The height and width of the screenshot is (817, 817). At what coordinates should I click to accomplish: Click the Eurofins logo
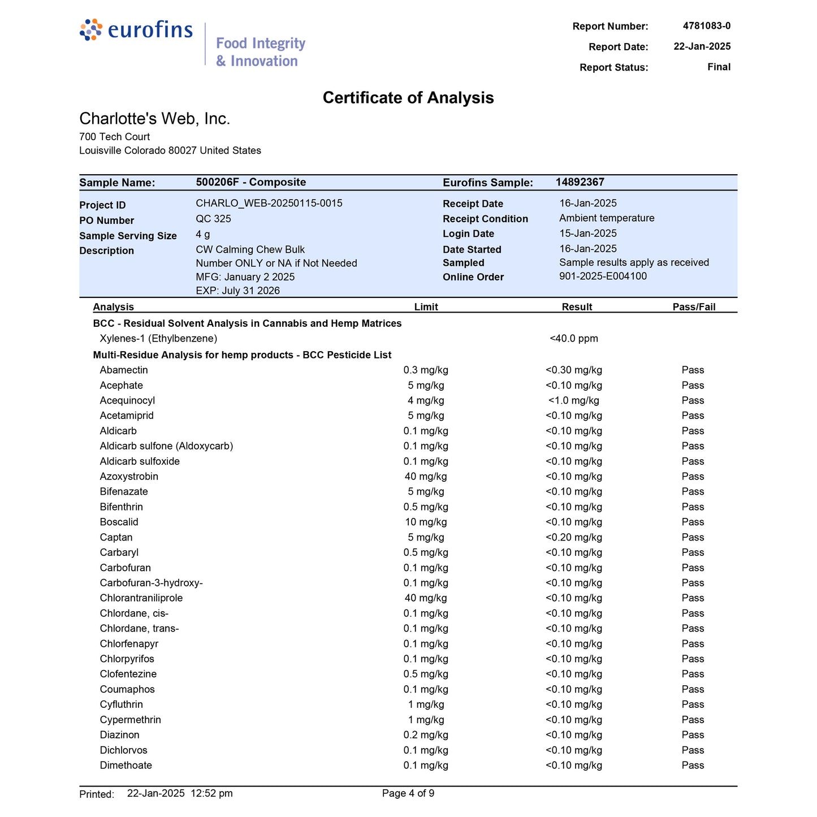tap(136, 30)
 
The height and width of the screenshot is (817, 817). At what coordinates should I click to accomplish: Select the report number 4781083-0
tap(706, 26)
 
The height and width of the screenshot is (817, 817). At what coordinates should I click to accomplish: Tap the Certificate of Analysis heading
tap(408, 98)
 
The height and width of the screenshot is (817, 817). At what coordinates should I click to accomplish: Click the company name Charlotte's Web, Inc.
tap(154, 119)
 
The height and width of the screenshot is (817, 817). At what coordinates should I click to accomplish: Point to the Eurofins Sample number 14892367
tap(580, 182)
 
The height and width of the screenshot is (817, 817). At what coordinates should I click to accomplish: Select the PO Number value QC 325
tap(213, 219)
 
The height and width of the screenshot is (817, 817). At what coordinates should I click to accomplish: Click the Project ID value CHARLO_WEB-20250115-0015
tap(269, 204)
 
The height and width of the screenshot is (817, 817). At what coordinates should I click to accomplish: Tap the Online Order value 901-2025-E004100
tap(603, 276)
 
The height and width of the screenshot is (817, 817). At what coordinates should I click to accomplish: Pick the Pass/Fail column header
tap(694, 307)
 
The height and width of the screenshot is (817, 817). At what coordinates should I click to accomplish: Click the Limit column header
tap(426, 307)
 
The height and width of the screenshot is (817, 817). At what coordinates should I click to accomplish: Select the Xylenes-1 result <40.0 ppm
tap(573, 339)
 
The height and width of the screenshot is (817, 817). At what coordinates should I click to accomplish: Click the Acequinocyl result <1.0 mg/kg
tap(573, 401)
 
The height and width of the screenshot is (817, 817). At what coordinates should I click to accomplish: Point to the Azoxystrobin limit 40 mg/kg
tap(426, 477)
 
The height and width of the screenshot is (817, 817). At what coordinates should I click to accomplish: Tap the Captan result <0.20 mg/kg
tap(573, 538)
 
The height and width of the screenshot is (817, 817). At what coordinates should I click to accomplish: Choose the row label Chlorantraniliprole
tap(141, 598)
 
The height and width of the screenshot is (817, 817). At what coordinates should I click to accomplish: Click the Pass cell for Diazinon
tap(693, 735)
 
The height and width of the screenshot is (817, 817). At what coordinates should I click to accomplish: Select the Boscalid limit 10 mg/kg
tap(426, 522)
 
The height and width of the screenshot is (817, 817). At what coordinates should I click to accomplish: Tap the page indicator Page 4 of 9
tap(408, 793)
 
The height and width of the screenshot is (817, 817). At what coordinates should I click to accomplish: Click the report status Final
tap(719, 67)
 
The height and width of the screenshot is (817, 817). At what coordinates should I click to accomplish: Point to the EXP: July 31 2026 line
tap(237, 291)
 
